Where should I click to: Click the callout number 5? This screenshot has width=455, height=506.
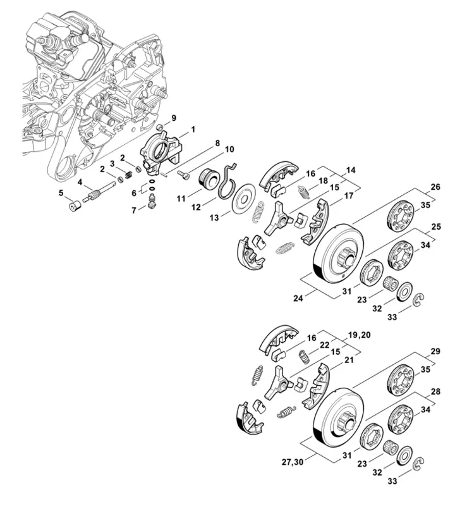(61, 192)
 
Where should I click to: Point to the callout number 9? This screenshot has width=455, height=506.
(174, 118)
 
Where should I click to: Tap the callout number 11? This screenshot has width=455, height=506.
(181, 198)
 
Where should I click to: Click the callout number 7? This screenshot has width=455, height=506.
(134, 209)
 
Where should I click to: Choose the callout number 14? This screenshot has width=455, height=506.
(351, 170)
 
